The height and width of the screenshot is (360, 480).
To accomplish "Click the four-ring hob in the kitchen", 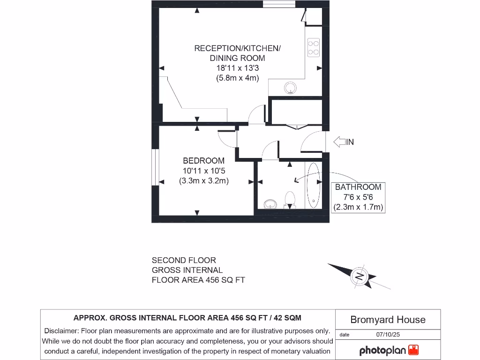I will (x=314, y=47).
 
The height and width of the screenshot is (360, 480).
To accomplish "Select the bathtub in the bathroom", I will (x=313, y=186).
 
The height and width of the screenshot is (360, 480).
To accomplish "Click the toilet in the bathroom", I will (x=290, y=199).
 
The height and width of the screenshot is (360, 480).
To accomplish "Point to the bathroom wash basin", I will (x=270, y=203).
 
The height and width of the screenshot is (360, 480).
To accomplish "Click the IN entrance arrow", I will (x=343, y=142).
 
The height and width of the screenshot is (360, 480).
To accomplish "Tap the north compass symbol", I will (x=360, y=276).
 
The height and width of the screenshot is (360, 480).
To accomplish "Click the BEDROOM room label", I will (x=203, y=161).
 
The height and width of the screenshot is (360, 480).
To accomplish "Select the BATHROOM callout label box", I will (x=358, y=197).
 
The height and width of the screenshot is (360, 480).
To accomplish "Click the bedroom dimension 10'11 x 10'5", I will (x=203, y=171).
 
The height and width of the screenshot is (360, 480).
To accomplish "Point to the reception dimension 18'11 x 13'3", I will (x=237, y=68).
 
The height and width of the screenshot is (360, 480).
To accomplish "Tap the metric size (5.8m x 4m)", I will (x=237, y=78).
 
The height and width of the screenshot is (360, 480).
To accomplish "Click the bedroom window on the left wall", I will (x=154, y=168).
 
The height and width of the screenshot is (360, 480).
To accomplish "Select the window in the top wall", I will (x=278, y=4).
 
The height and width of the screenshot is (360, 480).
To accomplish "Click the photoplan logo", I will (x=389, y=350).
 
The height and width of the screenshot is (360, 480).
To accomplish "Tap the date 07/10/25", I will (x=387, y=335).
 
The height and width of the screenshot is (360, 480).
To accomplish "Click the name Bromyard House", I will (x=388, y=320).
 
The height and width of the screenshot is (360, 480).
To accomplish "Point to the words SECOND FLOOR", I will (x=184, y=260).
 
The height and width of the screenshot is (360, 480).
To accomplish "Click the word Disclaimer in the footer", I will (x=60, y=330).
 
